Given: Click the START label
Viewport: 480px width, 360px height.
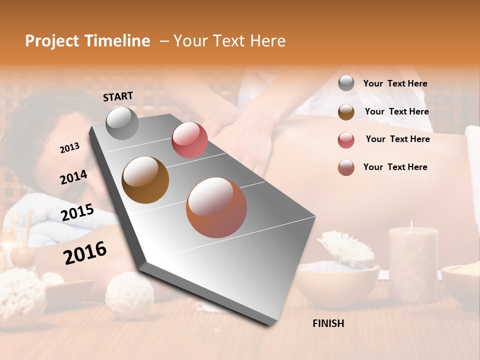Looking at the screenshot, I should coord(118,96).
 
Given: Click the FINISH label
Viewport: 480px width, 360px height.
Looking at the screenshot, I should coord(328,323).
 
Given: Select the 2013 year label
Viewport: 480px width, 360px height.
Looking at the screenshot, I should coord(69,148).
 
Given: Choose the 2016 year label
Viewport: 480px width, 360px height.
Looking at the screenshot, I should coord(85,252).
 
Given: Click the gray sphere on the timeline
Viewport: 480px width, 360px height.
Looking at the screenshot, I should coord(122,123).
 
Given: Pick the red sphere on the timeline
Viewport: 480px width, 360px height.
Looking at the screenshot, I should coord(189,140).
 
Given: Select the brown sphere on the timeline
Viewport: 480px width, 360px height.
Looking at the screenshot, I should coord(145,180).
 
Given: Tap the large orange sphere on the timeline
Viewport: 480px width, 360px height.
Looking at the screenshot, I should coord(216,207).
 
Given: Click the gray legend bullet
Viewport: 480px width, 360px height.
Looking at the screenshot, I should coord(346,83).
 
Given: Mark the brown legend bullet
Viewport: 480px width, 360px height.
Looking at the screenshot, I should coord(346,112).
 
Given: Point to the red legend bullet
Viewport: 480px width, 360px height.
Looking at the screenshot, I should coord(346,140).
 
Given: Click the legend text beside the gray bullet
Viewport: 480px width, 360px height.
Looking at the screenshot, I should coord(395,84).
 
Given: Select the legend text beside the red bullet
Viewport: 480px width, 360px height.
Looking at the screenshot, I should coord(397,139).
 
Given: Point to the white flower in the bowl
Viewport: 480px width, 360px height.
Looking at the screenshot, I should coord(345,246).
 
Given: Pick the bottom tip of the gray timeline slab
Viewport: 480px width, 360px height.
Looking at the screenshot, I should coord(270,325).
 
